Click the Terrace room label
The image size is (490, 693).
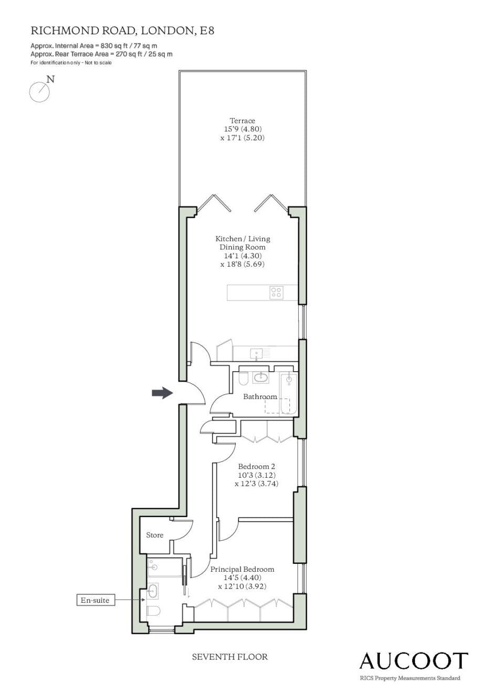(x=242, y=121)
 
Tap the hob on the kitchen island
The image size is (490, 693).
(x=276, y=292)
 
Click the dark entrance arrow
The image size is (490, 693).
(x=162, y=393)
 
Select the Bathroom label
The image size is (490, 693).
(x=260, y=397)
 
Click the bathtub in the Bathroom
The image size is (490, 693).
(x=288, y=394)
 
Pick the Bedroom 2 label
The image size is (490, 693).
(x=257, y=466)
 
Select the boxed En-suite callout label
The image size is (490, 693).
(x=96, y=601)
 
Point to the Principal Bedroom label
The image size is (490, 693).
(x=242, y=569)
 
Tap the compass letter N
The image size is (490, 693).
(x=50, y=79)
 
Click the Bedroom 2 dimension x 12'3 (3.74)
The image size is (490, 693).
(x=257, y=484)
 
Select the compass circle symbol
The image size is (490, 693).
(x=39, y=92)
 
